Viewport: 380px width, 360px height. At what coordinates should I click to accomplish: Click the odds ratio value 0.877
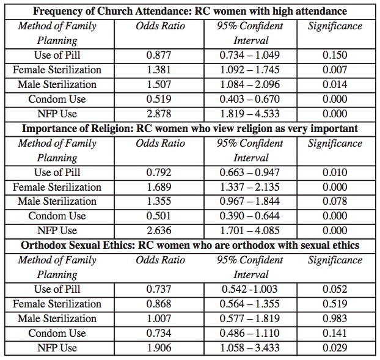click(x=159, y=55)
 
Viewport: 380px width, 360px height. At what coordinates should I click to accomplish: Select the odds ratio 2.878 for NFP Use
click(x=159, y=114)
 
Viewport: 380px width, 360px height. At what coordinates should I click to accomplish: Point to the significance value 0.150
click(x=335, y=55)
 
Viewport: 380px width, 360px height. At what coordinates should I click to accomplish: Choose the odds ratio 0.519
click(x=159, y=99)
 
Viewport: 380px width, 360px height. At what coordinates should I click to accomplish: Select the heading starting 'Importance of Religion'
click(x=190, y=128)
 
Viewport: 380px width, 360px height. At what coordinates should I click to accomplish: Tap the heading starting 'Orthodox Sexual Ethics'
click(x=190, y=245)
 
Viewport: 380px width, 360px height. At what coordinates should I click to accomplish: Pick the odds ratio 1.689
click(x=159, y=187)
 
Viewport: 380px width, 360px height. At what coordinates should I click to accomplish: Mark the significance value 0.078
click(x=335, y=202)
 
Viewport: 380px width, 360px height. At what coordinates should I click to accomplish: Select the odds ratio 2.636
click(x=159, y=231)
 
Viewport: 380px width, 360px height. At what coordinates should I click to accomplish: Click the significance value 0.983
click(x=335, y=318)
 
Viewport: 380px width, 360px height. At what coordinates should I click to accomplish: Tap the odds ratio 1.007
click(x=159, y=318)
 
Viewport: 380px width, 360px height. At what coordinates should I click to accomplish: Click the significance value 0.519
click(x=335, y=304)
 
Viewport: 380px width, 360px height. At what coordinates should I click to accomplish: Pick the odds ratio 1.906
click(x=159, y=348)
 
